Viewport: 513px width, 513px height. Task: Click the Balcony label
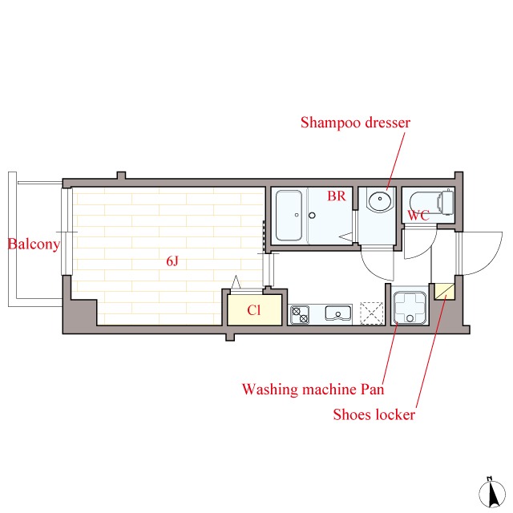pos(34,244)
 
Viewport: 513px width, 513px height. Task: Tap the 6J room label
pos(172,261)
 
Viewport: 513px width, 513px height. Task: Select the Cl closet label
pos(253,311)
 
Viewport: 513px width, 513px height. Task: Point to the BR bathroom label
pos(336,196)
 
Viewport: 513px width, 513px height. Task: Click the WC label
pos(418,216)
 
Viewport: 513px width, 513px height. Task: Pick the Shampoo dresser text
pos(355,123)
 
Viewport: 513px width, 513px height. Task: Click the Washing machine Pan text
pos(313,390)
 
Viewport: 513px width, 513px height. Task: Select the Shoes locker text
pos(374,414)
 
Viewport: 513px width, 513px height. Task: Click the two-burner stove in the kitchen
pos(301,313)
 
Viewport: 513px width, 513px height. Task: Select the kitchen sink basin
pos(337,313)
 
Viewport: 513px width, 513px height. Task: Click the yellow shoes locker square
pos(443,291)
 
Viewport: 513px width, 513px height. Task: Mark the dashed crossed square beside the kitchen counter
pos(373,313)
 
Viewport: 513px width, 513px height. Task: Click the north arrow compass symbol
pos(488,491)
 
